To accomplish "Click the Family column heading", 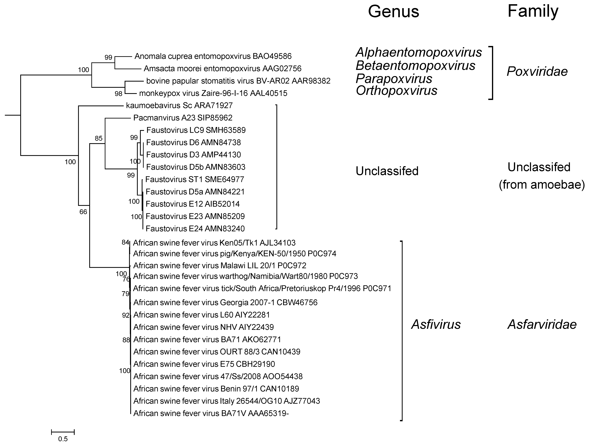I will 533,11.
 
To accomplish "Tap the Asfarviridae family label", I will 542,324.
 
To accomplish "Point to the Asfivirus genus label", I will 436,324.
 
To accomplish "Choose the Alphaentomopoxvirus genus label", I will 419,52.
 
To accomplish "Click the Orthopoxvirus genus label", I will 396,91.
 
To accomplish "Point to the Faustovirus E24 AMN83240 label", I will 195,229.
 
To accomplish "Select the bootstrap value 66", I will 83,212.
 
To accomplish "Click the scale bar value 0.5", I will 63,439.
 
